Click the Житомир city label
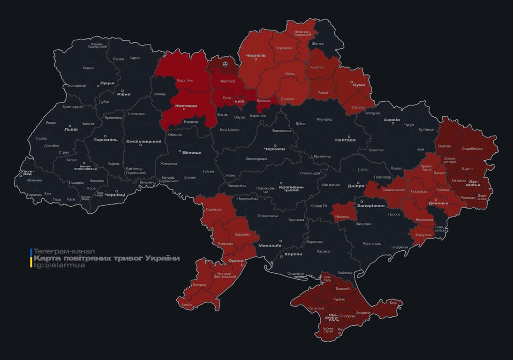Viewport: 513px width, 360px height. [x=186, y=106]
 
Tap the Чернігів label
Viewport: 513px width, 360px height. [x=256, y=55]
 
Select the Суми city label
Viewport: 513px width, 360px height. [x=359, y=85]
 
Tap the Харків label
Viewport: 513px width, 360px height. [x=392, y=120]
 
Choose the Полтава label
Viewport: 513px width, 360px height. [x=345, y=140]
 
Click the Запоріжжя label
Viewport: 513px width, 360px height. [x=370, y=205]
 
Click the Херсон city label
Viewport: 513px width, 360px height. [x=293, y=254]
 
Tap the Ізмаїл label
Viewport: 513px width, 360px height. [x=187, y=304]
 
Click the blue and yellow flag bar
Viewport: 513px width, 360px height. [x=31, y=258]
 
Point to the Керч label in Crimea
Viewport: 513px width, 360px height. [x=393, y=303]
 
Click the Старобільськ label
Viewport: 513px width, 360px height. [x=472, y=149]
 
